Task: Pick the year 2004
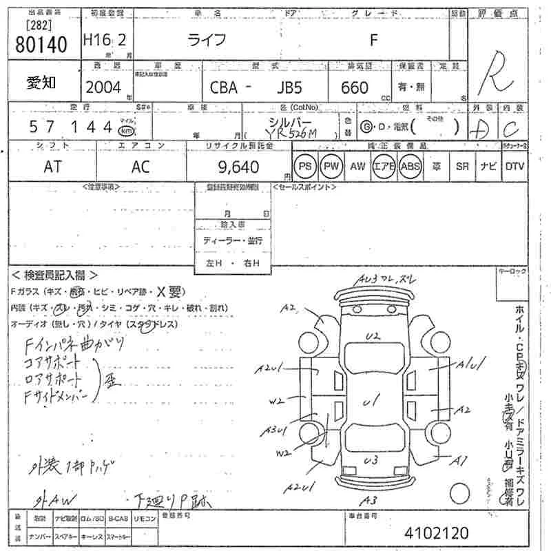[x=103, y=87]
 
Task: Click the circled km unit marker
[x=125, y=130]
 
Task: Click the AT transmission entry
[x=52, y=167]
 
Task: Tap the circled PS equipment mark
[x=304, y=167]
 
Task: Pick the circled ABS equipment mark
[x=410, y=167]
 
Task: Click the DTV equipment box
[x=514, y=167]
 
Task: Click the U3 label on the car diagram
[x=372, y=460]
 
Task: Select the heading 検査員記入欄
[x=55, y=275]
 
